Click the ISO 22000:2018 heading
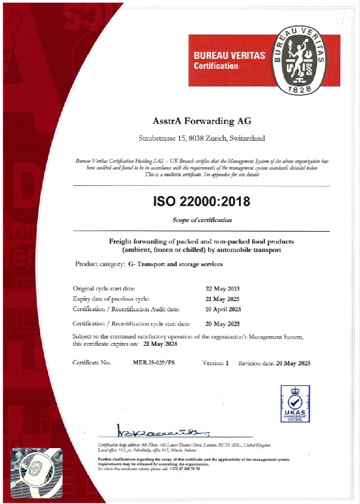tap(202, 201)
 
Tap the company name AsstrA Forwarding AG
tap(202, 121)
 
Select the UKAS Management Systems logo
tap(296, 405)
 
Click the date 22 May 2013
tap(223, 288)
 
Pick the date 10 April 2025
tap(223, 309)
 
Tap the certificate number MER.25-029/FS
tap(149, 363)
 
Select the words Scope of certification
tap(202, 220)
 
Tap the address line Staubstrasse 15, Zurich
tap(202, 138)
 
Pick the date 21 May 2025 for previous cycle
tap(223, 298)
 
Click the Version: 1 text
tap(215, 363)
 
